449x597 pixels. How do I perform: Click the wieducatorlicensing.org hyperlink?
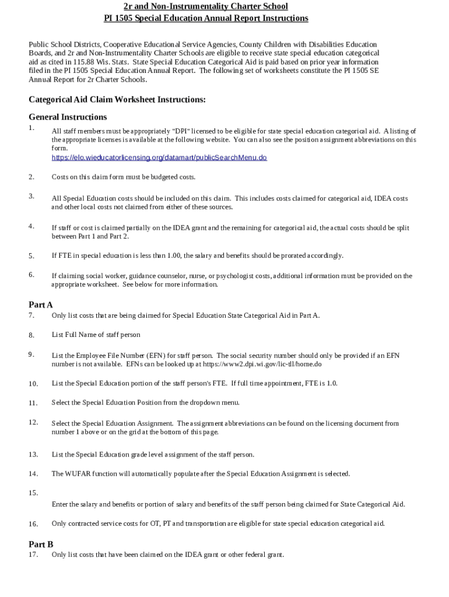pyautogui.click(x=159, y=157)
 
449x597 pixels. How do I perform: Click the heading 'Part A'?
pyautogui.click(x=41, y=304)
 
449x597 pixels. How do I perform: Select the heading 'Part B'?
pyautogui.click(x=41, y=544)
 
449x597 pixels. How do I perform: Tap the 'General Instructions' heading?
pyautogui.click(x=68, y=117)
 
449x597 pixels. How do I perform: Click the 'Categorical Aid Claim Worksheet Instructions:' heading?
pyautogui.click(x=117, y=99)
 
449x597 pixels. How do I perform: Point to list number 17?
pyautogui.click(x=33, y=554)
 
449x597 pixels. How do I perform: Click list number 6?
pyautogui.click(x=31, y=274)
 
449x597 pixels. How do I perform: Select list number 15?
pyautogui.click(x=33, y=493)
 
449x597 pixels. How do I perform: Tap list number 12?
pyautogui.click(x=33, y=422)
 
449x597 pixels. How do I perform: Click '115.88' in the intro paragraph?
pyautogui.click(x=85, y=61)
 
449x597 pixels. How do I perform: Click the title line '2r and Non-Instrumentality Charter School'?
pyautogui.click(x=206, y=6)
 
